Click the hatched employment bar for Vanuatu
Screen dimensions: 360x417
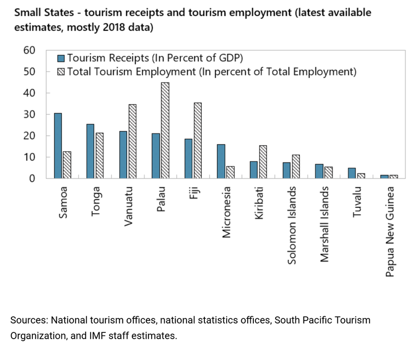133,141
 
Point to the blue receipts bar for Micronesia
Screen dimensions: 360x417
221,162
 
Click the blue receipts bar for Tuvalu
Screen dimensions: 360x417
352,173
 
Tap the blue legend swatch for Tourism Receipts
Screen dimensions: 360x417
60,58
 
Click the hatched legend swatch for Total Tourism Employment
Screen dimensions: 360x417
60,71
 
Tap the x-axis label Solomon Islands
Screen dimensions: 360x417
292,225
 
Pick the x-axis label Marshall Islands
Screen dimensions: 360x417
324,225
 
